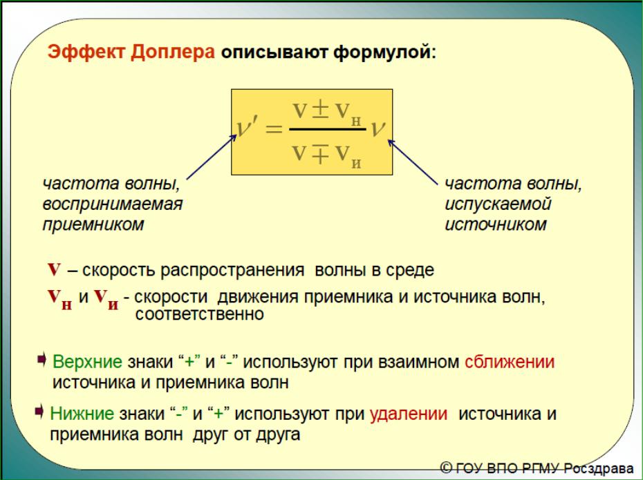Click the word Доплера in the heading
point(173,52)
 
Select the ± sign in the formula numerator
point(321,111)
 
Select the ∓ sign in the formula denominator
point(321,154)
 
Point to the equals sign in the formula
point(274,129)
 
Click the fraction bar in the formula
point(328,129)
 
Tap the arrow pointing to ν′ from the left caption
point(212,157)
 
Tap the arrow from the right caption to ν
point(412,162)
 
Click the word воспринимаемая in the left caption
point(113,204)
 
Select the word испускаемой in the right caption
point(498,204)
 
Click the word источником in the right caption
point(496,224)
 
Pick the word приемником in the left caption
point(93,224)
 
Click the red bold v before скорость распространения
point(54,269)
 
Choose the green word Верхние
point(87,362)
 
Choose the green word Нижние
point(82,414)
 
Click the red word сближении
point(510,362)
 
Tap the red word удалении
point(409,414)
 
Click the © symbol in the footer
point(447,468)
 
